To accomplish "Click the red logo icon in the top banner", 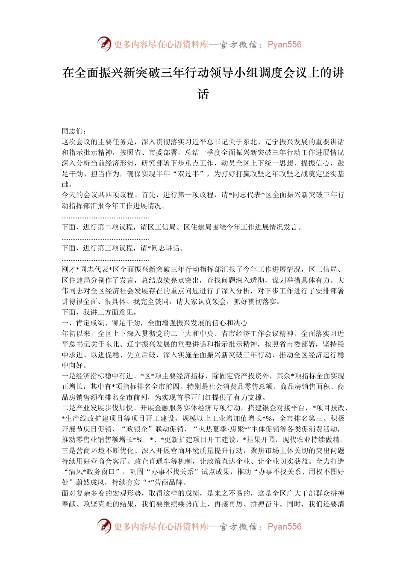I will point(104,44).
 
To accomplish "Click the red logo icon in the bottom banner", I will point(104,526).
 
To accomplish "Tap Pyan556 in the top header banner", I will point(285,44).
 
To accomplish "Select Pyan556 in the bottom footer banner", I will point(285,527).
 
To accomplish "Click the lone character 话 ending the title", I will point(203,94).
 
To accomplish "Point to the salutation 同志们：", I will point(74,131).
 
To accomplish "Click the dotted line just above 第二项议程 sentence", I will point(105,217).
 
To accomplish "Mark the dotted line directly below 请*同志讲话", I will point(105,259).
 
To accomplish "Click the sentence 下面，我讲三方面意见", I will point(99,312).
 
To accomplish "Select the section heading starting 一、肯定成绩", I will point(155,323).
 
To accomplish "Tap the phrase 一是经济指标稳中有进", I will point(98,376).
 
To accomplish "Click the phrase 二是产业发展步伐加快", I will point(98,408).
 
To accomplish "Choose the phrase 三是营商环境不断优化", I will point(98,451).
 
